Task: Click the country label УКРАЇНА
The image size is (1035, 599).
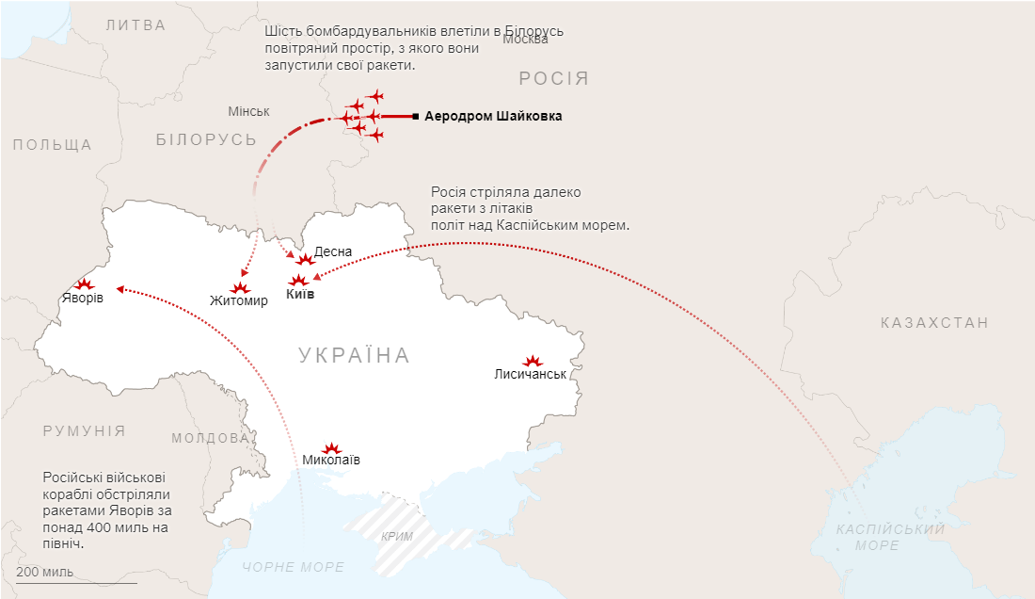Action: tap(355, 355)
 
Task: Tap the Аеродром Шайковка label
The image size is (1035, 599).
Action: tap(493, 117)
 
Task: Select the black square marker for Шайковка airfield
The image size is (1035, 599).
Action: tap(416, 117)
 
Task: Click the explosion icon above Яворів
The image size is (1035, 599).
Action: tap(84, 283)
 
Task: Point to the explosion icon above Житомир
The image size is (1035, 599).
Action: tap(239, 287)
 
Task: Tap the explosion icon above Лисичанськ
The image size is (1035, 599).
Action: tap(533, 361)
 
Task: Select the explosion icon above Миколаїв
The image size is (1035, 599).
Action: tap(331, 448)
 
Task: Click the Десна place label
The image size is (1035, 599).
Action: tap(333, 251)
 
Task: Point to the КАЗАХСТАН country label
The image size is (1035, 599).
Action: tap(934, 323)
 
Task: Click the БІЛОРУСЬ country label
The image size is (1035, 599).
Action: tap(206, 139)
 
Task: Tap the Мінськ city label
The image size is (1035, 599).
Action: tap(248, 111)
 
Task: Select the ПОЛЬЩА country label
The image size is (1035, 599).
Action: tap(53, 145)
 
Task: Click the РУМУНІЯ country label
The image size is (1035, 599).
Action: tap(84, 430)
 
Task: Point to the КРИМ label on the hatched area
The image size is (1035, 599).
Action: tap(398, 537)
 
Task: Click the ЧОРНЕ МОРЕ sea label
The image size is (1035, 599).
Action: tap(294, 567)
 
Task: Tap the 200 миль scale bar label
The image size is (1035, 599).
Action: tap(44, 573)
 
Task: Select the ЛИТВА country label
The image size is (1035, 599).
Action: tap(135, 25)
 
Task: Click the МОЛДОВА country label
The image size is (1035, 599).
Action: tap(210, 438)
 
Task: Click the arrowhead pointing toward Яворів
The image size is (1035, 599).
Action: tap(119, 289)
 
